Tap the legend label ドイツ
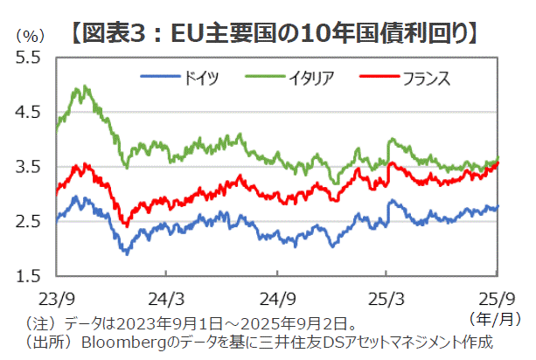click(x=200, y=78)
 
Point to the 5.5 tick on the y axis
click(x=28, y=58)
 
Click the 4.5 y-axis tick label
click(x=28, y=112)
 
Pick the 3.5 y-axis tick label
click(x=28, y=167)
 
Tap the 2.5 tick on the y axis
click(x=28, y=221)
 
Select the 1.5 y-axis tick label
click(x=28, y=276)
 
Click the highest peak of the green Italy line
click(x=84, y=87)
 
